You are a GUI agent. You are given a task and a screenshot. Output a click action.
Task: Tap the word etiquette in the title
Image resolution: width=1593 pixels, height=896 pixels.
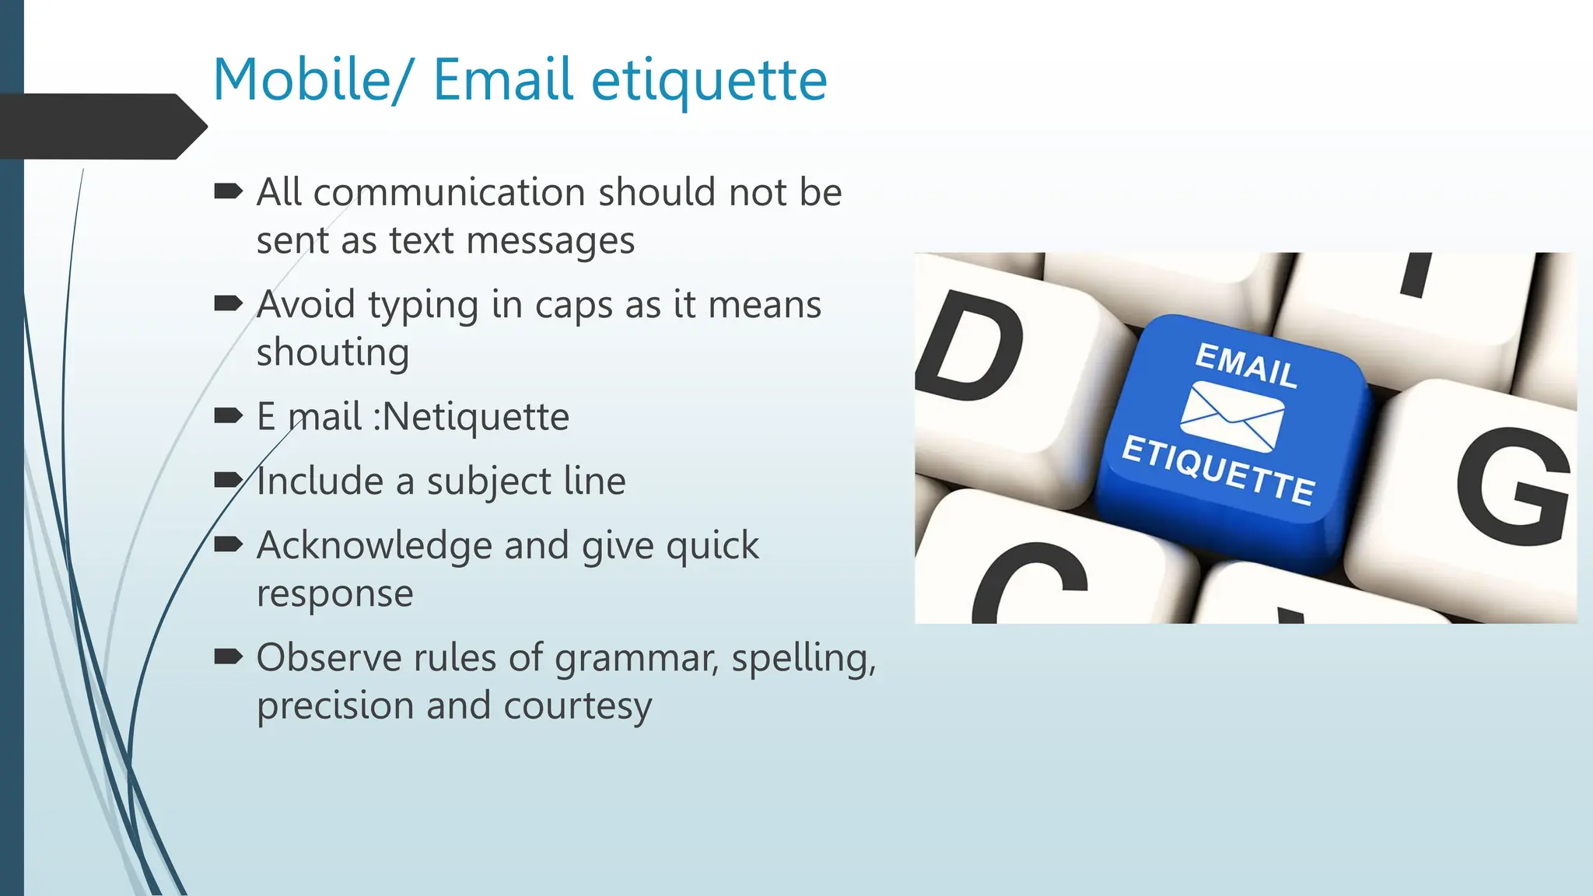click(x=709, y=82)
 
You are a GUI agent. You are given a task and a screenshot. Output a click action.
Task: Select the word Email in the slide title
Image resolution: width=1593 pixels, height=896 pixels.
click(x=502, y=80)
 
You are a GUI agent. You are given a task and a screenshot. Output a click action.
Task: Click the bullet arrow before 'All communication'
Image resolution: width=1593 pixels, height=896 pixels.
click(x=228, y=191)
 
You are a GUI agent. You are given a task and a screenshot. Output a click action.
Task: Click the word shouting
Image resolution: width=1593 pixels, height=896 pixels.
click(x=332, y=353)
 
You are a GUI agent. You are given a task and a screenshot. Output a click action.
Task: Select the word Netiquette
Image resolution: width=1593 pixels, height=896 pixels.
click(x=475, y=417)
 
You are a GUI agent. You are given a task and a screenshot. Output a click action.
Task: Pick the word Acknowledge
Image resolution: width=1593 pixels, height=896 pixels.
click(x=374, y=545)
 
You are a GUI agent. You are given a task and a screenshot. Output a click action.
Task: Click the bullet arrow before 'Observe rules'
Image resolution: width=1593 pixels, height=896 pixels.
click(x=228, y=657)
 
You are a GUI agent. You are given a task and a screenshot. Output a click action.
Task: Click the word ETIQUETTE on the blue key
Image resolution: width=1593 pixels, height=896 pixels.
click(x=1218, y=471)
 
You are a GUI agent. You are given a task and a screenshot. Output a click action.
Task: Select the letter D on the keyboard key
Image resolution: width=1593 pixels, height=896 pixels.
click(x=969, y=346)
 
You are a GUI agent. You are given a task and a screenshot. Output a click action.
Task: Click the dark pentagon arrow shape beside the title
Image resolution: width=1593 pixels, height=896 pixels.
click(x=101, y=127)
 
